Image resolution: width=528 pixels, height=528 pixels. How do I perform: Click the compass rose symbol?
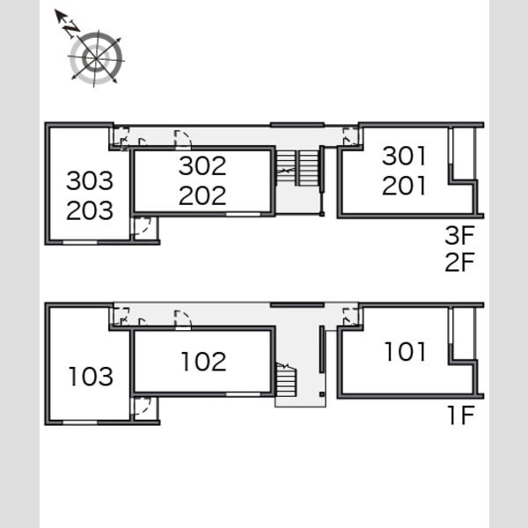(96, 58)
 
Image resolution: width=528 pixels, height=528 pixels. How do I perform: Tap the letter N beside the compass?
(72, 27)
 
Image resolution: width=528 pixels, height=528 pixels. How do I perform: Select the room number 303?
(90, 180)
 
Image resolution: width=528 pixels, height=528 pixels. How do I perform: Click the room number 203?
(90, 210)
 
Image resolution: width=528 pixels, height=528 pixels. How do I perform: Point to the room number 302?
(202, 166)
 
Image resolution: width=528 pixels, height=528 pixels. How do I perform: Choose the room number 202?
(202, 195)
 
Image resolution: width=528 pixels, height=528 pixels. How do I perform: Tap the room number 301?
(404, 156)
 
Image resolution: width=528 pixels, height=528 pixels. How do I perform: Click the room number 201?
(404, 186)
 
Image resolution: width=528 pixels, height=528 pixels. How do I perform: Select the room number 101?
(406, 352)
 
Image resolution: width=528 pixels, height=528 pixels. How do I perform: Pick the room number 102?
(204, 362)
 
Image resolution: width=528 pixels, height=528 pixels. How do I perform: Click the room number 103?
(91, 377)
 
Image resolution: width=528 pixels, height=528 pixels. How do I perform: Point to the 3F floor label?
(459, 235)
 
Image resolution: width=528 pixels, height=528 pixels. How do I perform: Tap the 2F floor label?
(459, 262)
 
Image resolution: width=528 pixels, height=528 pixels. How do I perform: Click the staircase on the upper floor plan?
(297, 168)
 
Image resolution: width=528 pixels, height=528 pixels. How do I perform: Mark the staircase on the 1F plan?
(286, 379)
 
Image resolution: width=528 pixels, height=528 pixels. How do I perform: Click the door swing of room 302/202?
(183, 139)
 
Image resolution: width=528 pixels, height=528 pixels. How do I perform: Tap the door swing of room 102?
(183, 319)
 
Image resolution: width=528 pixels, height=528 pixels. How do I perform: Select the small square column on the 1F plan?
(321, 394)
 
